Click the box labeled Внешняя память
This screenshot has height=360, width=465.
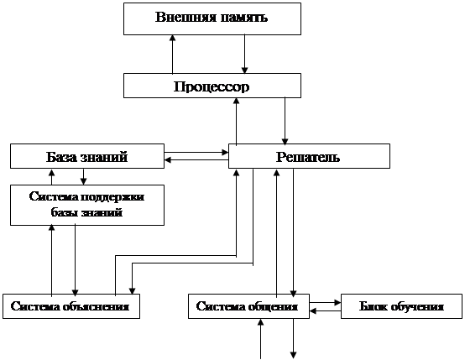[212, 19]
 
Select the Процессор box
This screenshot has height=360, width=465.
[212, 86]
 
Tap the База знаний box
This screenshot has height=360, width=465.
[87, 156]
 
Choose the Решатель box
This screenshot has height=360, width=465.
[309, 156]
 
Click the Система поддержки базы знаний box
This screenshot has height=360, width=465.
[87, 206]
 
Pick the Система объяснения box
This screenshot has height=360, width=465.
[71, 306]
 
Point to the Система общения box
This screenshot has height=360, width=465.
[248, 306]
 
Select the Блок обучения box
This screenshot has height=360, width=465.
[401, 306]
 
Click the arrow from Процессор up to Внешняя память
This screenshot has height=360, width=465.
[172, 55]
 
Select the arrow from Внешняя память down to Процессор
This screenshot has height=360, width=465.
[244, 54]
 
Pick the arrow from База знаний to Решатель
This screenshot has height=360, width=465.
[196, 153]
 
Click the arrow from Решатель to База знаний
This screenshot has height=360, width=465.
[196, 159]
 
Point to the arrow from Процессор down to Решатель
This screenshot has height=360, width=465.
[285, 121]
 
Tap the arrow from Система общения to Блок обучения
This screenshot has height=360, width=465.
[326, 302]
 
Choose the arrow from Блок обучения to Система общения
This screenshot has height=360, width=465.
[326, 310]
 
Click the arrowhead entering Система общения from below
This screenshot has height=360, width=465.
[261, 322]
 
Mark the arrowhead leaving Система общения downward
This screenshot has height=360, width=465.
[293, 355]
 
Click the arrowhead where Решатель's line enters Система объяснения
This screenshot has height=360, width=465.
[133, 291]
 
